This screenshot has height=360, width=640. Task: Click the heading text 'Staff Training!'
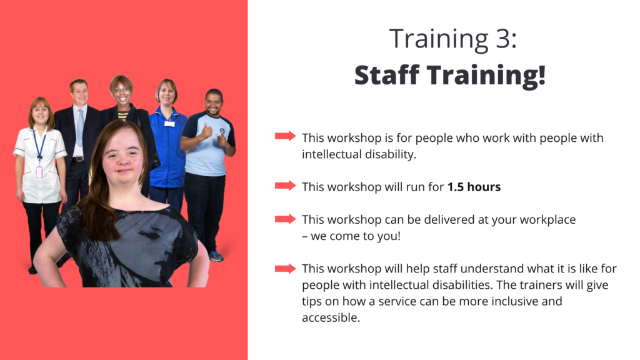tap(450, 76)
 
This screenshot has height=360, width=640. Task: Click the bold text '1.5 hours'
tap(474, 187)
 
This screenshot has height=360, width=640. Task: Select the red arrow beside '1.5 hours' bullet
tap(285, 186)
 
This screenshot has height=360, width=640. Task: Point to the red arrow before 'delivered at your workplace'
tap(285, 219)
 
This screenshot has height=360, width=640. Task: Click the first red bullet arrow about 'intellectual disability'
tap(285, 136)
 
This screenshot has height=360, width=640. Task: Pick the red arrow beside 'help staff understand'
tap(285, 269)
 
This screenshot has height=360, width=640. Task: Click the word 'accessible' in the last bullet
tap(331, 317)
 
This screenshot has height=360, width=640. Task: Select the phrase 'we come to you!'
tap(356, 236)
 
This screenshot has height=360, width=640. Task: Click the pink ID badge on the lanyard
tap(39, 171)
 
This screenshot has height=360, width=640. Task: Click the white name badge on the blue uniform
tap(169, 123)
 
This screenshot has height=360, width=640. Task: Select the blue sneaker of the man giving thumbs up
tap(216, 256)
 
